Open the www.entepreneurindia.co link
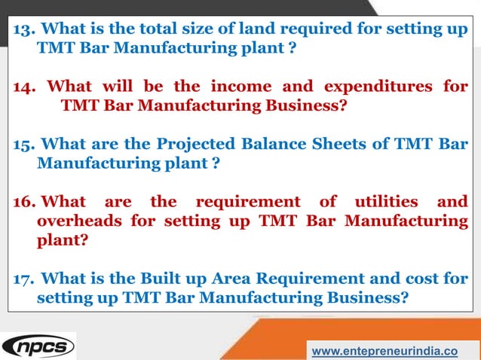(384, 351)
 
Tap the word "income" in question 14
(233, 87)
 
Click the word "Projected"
(191, 143)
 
